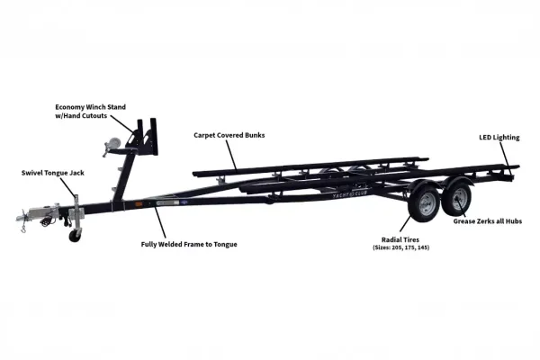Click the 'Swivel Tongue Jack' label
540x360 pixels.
[53, 173]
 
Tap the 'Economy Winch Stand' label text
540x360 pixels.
[91, 107]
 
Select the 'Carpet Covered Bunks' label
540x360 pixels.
[229, 135]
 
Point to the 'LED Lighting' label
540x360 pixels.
[499, 138]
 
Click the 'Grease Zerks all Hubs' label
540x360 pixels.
[488, 221]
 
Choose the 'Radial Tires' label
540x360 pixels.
[400, 239]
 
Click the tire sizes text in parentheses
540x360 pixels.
[400, 247]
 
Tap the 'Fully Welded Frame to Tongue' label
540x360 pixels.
[189, 244]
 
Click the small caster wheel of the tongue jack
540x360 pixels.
[75, 236]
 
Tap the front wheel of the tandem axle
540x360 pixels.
[424, 203]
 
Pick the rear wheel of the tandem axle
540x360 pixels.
[456, 198]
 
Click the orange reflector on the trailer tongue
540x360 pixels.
[139, 204]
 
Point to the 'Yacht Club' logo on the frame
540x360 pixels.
[350, 194]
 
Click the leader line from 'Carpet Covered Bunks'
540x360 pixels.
[231, 154]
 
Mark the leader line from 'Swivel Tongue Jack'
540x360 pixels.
[67, 188]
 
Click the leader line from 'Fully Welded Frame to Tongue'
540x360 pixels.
[159, 222]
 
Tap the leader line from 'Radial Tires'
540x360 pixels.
[405, 223]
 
